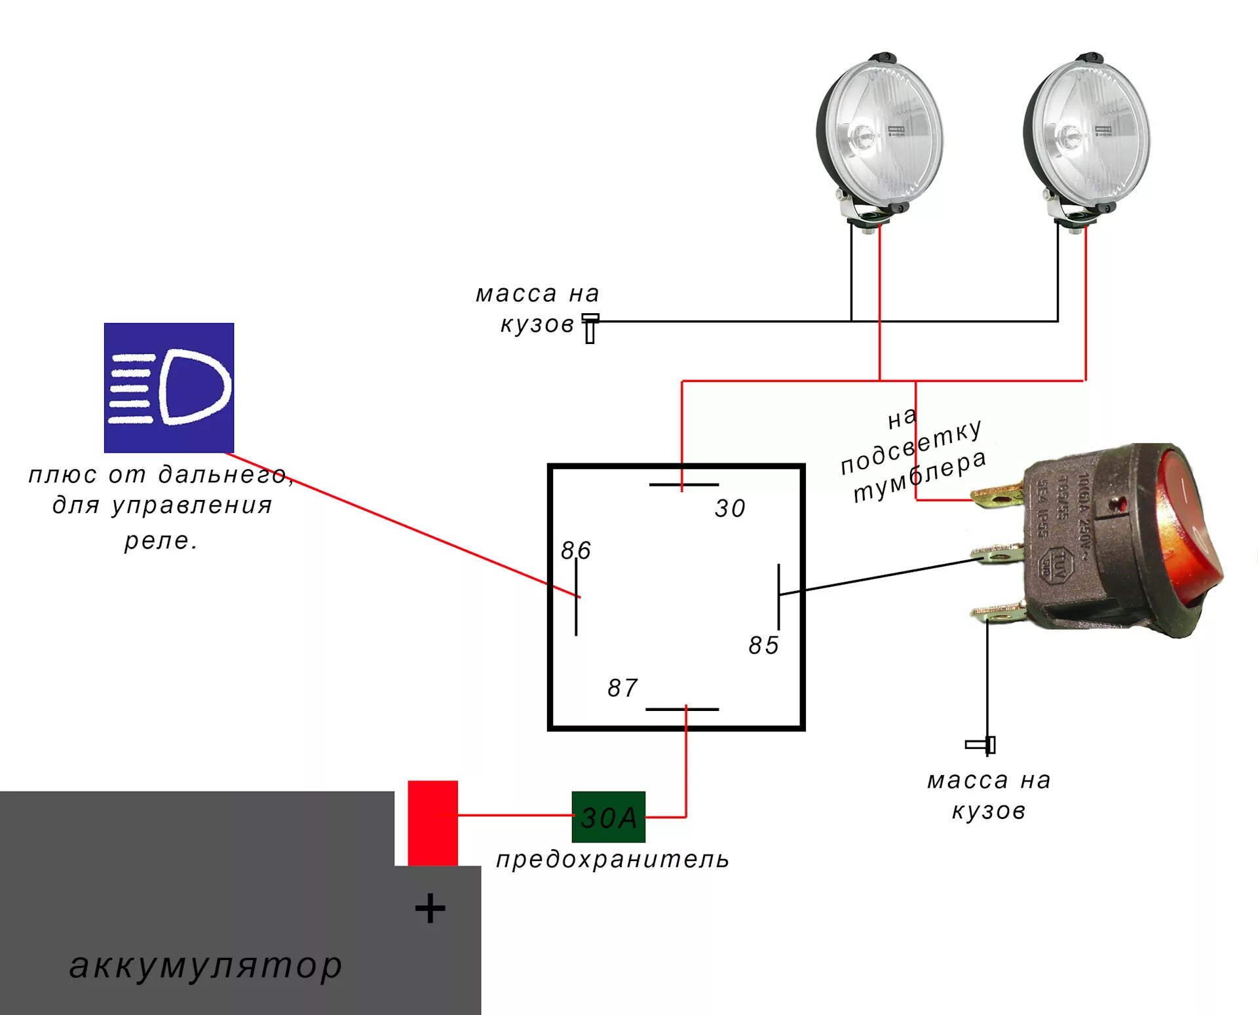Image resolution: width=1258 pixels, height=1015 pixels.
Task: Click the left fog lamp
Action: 879,134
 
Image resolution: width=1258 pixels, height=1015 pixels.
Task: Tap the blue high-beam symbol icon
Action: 169,387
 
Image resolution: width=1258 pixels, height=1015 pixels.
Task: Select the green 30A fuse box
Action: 608,817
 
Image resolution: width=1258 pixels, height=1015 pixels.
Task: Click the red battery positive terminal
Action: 432,822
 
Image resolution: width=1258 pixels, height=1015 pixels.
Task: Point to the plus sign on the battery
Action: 430,908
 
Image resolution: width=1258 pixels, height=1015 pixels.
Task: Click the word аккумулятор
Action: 206,965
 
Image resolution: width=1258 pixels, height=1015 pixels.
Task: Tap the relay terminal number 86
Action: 576,550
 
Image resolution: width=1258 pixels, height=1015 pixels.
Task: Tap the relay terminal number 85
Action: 764,645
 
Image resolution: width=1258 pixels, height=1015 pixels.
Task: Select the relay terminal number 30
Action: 730,508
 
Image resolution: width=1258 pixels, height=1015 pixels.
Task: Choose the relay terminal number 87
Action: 622,688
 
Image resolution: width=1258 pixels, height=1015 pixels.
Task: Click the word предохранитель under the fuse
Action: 613,859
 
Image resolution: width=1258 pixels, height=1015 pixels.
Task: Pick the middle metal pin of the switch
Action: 997,555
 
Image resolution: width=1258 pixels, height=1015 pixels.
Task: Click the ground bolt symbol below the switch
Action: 982,745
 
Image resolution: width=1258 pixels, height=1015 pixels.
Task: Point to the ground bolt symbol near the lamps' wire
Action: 590,328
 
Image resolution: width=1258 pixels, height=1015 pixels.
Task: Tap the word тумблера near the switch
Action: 920,476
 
